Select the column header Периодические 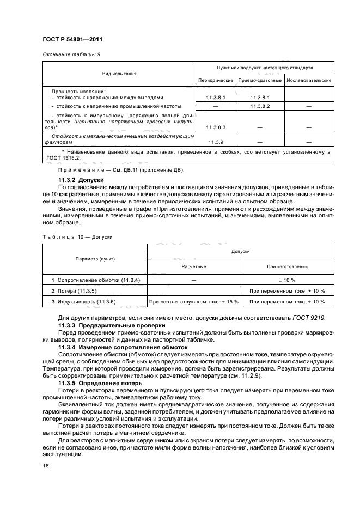pyautogui.click(x=215, y=81)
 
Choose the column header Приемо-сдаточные pyautogui.click(x=260, y=81)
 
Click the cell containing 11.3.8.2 pyautogui.click(x=260, y=106)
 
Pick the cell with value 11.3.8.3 pyautogui.click(x=215, y=127)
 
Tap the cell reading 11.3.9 pyautogui.click(x=215, y=142)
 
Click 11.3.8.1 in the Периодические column pyautogui.click(x=215, y=98)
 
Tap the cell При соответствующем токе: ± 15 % pyautogui.click(x=193, y=301)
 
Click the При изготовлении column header pyautogui.click(x=286, y=267)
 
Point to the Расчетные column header pyautogui.click(x=193, y=267)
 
